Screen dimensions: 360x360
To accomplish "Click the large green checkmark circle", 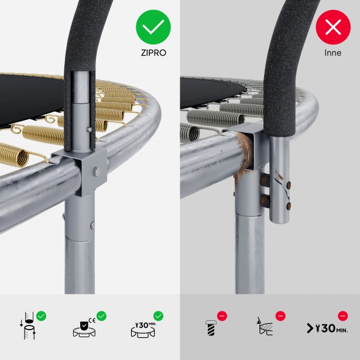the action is click(153, 27).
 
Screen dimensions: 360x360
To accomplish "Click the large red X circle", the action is click(333, 27).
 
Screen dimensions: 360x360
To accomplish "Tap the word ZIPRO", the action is click(153, 53).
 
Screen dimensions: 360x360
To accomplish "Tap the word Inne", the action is click(333, 53).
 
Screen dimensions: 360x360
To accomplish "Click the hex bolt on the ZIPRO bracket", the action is click(97, 172).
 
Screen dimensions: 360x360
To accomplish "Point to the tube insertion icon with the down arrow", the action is click(28, 325).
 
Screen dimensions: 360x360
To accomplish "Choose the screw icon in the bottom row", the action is click(211, 328).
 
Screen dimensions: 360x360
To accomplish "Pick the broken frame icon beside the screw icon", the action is click(265, 326).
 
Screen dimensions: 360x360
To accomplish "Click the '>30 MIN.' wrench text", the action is click(327, 328).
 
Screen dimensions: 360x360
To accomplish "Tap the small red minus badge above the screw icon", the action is click(222, 316).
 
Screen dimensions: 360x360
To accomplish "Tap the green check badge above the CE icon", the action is click(101, 316).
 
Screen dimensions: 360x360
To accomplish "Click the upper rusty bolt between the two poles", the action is click(265, 179).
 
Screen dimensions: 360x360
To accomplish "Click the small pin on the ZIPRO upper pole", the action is click(89, 130).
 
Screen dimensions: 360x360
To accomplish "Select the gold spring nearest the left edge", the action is click(14, 155).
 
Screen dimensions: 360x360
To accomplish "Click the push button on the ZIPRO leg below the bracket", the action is click(92, 225).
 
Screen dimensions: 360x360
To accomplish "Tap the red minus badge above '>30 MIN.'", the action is click(343, 316).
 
